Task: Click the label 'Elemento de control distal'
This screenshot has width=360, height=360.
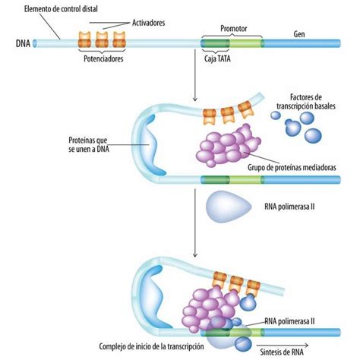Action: [x=61, y=9]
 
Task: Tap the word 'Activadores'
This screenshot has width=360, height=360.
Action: [x=148, y=23]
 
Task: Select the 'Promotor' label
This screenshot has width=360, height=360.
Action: [x=233, y=28]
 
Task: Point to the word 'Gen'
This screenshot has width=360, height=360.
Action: [x=299, y=34]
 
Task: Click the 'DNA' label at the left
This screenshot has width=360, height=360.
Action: [x=23, y=43]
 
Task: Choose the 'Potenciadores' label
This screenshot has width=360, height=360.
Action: [x=103, y=58]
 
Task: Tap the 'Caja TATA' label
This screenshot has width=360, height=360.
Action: [x=217, y=58]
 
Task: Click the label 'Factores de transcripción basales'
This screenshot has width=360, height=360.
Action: [x=306, y=102]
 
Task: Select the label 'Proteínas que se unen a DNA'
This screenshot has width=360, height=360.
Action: [x=89, y=144]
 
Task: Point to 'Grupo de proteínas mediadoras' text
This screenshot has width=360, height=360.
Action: [x=292, y=167]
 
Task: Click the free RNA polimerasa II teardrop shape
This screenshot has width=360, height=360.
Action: [x=229, y=207]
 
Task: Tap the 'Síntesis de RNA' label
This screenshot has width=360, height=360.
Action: [x=282, y=352]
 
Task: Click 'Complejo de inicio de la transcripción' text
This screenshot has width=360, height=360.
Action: [x=151, y=346]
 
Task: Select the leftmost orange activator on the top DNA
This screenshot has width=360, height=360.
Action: [x=84, y=39]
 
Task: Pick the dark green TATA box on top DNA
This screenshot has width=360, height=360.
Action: [x=216, y=43]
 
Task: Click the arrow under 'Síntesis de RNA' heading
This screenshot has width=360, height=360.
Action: [x=283, y=346]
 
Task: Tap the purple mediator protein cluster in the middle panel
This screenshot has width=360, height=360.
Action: [x=228, y=146]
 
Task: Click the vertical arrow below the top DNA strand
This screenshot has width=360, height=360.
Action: [x=194, y=75]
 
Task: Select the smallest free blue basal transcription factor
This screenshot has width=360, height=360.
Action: [x=276, y=115]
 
